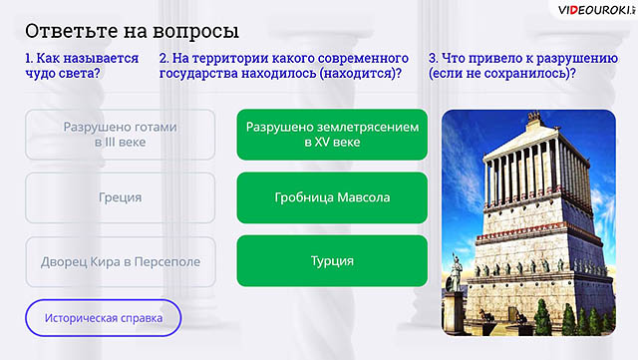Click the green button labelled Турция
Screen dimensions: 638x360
pyautogui.click(x=332, y=260)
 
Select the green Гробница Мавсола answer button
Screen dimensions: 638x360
pyautogui.click(x=332, y=197)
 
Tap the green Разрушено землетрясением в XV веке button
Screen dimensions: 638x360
pyautogui.click(x=332, y=135)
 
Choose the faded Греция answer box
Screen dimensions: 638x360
pyautogui.click(x=120, y=197)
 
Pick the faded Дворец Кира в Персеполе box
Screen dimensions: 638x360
pyautogui.click(x=120, y=261)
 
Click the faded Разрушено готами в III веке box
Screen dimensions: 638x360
pyautogui.click(x=120, y=135)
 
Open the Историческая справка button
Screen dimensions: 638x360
pyautogui.click(x=104, y=318)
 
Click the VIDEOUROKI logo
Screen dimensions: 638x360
pyautogui.click(x=596, y=10)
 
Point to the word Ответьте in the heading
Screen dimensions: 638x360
pyautogui.click(x=71, y=31)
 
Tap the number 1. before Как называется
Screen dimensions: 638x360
pyautogui.click(x=29, y=58)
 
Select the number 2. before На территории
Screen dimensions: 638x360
pyautogui.click(x=163, y=58)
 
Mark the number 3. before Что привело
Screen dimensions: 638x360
pyautogui.click(x=433, y=58)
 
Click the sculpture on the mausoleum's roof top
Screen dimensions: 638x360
pyautogui.click(x=533, y=118)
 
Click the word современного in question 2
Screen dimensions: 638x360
pyautogui.click(x=363, y=59)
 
